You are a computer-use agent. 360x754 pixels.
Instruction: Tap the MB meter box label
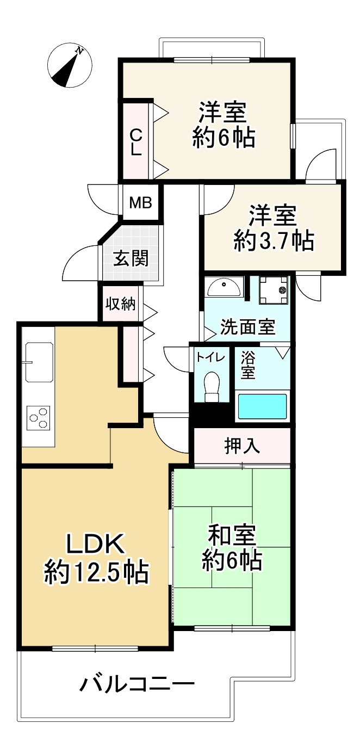(140, 202)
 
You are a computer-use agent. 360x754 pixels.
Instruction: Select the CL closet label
(135, 141)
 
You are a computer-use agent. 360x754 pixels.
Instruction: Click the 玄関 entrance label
(131, 258)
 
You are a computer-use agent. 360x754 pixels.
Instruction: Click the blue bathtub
(263, 406)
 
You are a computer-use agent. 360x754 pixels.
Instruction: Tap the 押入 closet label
(242, 446)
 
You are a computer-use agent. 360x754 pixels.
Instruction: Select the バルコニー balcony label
(137, 683)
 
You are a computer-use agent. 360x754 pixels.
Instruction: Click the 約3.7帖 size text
(274, 240)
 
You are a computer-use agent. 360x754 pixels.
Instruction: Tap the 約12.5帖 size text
(96, 572)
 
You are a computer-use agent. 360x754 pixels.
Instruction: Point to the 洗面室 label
(247, 327)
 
